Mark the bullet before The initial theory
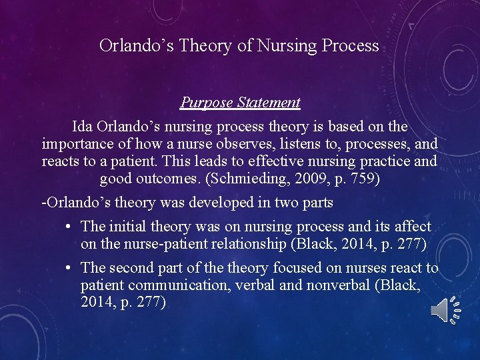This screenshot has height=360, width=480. point(69,227)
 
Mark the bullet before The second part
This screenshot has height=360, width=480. point(69,268)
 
